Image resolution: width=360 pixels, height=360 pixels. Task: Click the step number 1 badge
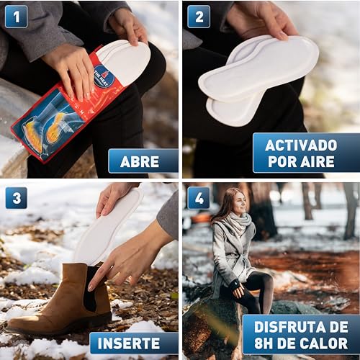[x=16, y=17]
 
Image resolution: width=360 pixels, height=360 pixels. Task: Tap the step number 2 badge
[x=199, y=17]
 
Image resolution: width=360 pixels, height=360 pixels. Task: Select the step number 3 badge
[x=17, y=198]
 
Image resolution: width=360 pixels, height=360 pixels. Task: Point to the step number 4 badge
[x=199, y=198]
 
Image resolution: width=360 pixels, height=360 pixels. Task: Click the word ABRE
[x=140, y=161]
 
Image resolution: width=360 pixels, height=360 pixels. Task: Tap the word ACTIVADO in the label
[x=301, y=145]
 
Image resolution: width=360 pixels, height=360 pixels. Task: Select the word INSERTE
[x=129, y=343]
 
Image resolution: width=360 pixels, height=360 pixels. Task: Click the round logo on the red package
[x=104, y=76]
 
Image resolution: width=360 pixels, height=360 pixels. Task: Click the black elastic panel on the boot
[x=92, y=287]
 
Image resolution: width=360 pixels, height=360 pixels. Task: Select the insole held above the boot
[x=106, y=229]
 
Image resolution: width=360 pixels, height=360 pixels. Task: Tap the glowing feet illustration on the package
[x=45, y=131]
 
